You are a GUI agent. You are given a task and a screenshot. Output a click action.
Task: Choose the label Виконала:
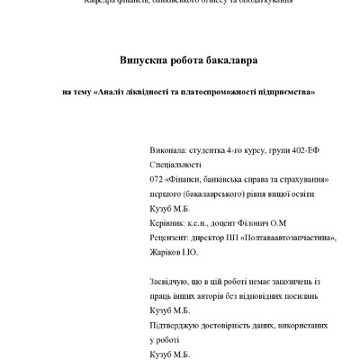(168, 152)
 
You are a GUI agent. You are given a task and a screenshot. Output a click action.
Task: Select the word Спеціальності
(177, 166)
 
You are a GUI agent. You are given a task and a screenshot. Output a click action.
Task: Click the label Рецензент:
(171, 237)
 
